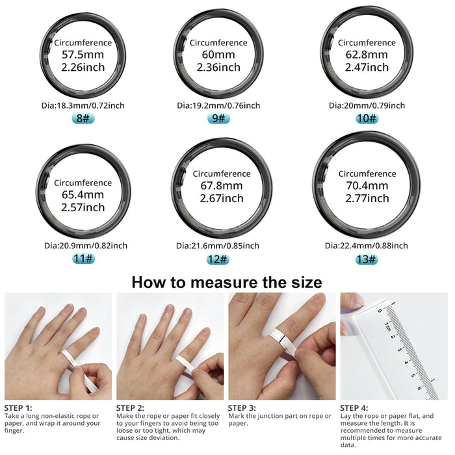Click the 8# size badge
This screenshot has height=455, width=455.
(x=83, y=118)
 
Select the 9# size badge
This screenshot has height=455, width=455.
(x=218, y=118)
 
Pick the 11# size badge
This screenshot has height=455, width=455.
(x=83, y=259)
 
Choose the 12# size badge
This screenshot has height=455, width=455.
(x=218, y=259)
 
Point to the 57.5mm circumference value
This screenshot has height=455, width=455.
(x=83, y=55)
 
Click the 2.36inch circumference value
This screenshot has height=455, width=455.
(x=218, y=68)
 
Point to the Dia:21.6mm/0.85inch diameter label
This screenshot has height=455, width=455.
(x=218, y=246)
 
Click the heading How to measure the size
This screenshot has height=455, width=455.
(x=227, y=282)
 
